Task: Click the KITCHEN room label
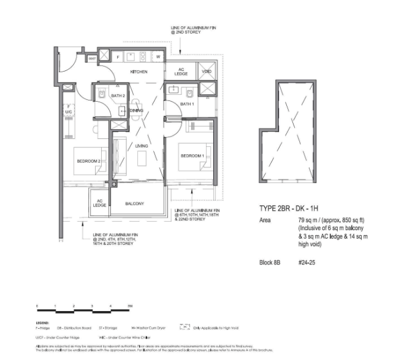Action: coord(139,72)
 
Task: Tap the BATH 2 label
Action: coord(118,96)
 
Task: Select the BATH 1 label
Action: coord(188,104)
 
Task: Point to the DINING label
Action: coord(136,110)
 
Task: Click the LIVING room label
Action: coord(142,145)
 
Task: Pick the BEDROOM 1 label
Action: coord(192,156)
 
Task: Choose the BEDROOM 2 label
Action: coord(88,161)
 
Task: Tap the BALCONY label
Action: coord(134,203)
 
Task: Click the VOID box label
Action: coord(207,72)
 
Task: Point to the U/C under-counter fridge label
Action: coord(69,112)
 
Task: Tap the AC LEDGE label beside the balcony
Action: coord(99,203)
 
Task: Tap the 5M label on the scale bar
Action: coord(129,304)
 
